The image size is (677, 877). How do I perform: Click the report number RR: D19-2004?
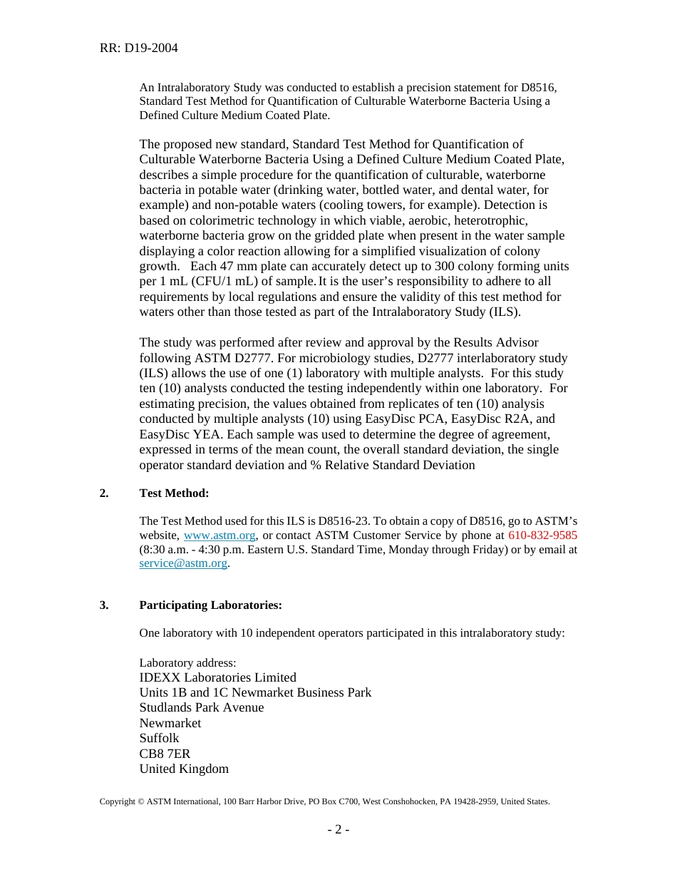(139, 48)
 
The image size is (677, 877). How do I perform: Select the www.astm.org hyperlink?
(219, 535)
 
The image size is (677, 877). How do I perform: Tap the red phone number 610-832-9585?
(542, 535)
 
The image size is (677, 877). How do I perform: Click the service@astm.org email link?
(183, 563)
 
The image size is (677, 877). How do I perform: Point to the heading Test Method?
(174, 493)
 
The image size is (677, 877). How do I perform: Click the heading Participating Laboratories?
(210, 605)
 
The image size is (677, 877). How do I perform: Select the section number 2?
(104, 493)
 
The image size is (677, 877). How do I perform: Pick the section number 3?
(104, 605)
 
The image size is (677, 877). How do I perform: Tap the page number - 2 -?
(338, 829)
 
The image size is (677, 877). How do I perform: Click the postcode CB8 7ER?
(165, 754)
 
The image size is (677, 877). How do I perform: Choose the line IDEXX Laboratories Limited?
(217, 677)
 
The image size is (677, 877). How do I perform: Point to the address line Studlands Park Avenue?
(201, 708)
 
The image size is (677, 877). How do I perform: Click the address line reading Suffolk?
(159, 738)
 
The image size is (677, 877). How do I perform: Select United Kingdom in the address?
(184, 769)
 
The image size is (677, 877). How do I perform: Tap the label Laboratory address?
(187, 662)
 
